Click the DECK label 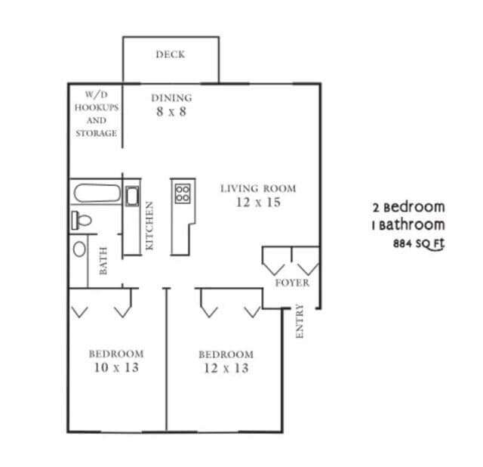click(171, 54)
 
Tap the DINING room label click(172, 97)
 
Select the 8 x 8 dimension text click(172, 112)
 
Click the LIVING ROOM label click(258, 188)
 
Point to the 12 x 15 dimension click(258, 203)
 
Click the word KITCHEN click(150, 226)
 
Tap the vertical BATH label click(103, 261)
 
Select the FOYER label click(291, 283)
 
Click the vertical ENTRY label click(300, 320)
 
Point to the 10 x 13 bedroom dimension click(116, 368)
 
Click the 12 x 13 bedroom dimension click(226, 369)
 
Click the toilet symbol click(82, 221)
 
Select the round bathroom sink click(79, 249)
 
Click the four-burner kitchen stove click(182, 193)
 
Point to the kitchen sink click(132, 197)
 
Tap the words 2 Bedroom click(408, 206)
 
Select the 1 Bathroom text click(408, 224)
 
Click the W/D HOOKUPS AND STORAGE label click(96, 114)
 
